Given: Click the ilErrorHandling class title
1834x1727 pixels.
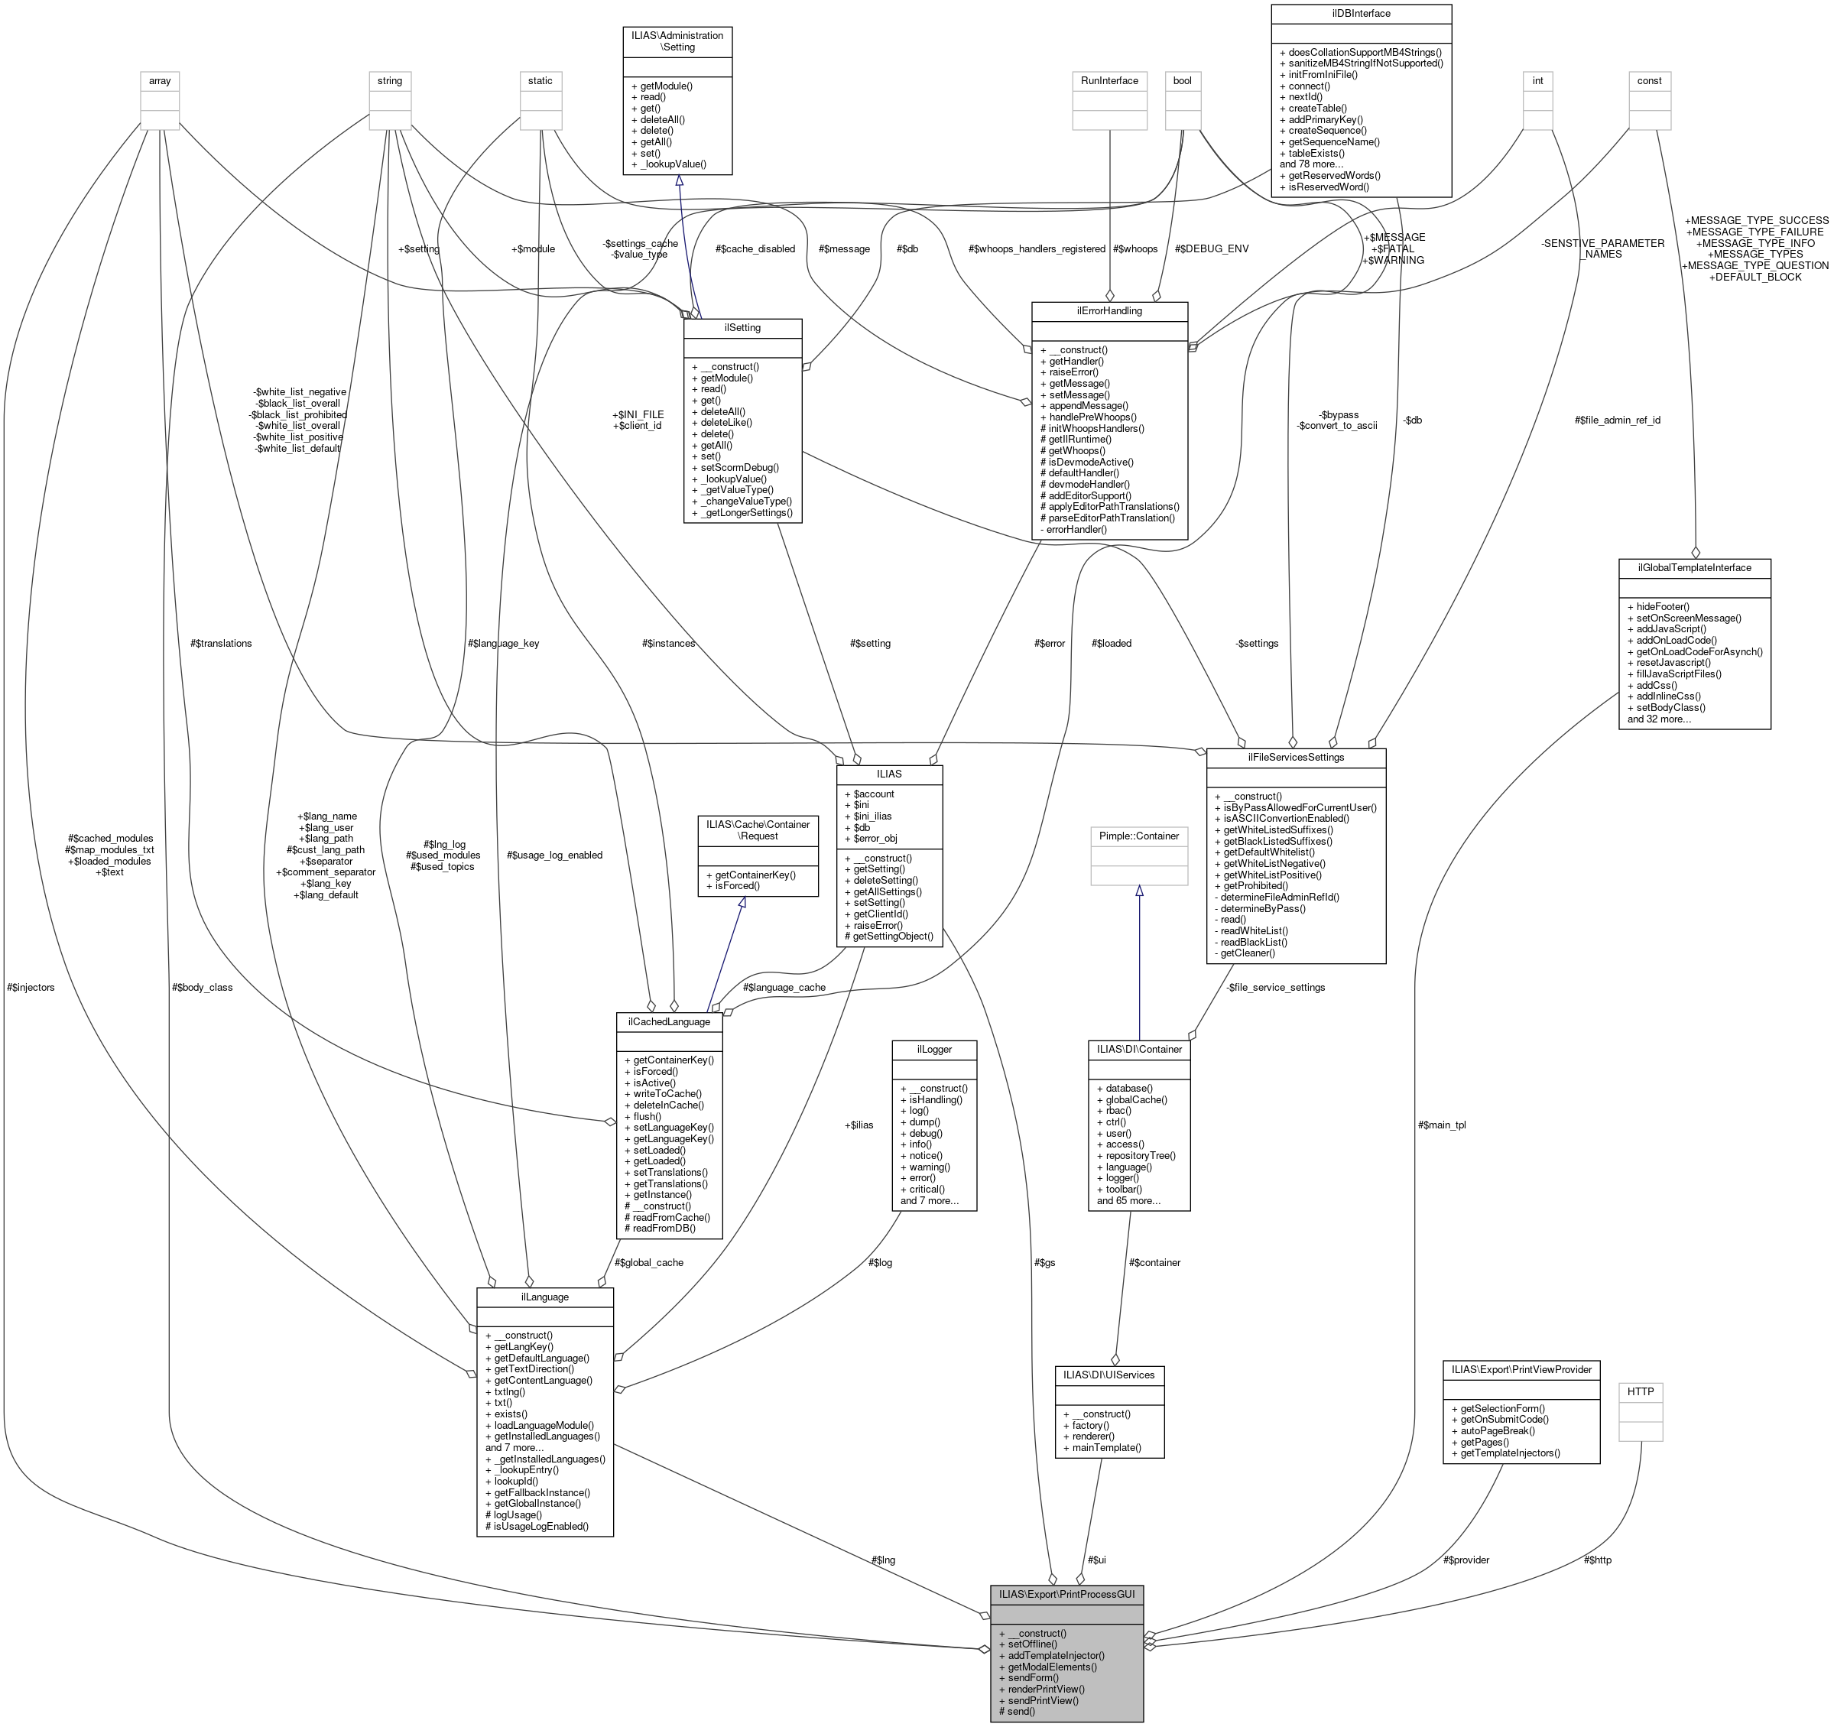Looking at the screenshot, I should tap(1109, 311).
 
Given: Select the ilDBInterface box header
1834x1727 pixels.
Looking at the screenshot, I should tap(1361, 14).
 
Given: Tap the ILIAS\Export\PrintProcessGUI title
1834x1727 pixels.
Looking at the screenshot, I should tap(1066, 1593).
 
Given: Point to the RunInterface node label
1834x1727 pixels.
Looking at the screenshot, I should tap(1110, 80).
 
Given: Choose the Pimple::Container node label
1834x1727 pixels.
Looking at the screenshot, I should tap(1139, 835).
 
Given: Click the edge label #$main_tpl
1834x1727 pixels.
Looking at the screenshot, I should tap(1442, 1125).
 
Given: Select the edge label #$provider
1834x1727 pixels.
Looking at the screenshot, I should tap(1466, 1559).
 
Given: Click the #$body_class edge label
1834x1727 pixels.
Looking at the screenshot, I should tap(202, 987).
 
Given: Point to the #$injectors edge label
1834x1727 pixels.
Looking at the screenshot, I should tap(31, 987).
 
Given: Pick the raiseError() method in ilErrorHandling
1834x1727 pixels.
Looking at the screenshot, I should tap(1076, 372).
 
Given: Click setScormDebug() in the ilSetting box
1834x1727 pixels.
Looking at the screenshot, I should tap(739, 467).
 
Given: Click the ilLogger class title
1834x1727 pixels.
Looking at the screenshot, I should tap(933, 1049).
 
